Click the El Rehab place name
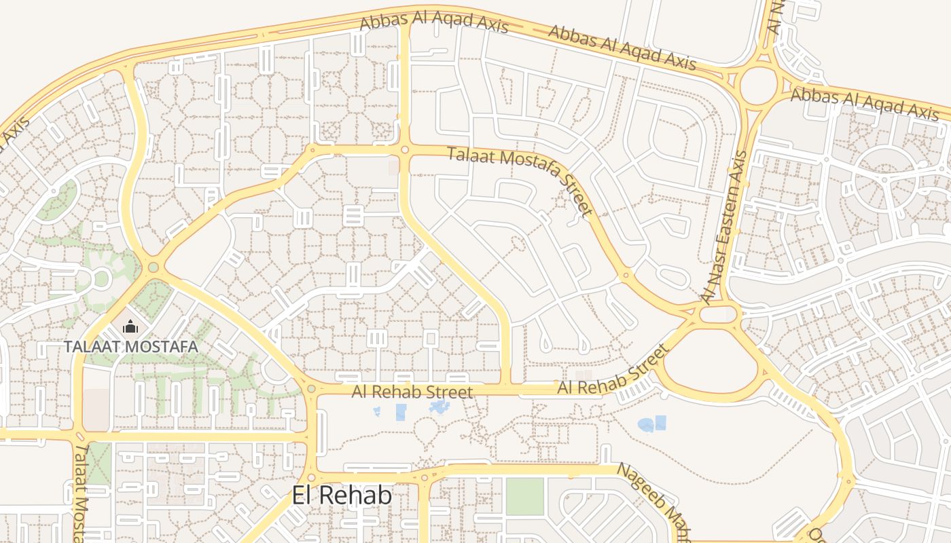(342, 495)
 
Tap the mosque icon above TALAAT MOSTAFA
(130, 327)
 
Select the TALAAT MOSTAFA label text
(131, 347)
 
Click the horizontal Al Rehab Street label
(412, 392)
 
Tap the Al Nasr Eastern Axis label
(725, 227)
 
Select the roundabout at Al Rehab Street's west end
(311, 389)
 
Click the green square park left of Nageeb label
(525, 497)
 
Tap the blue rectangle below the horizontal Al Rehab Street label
(401, 412)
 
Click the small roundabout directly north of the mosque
(153, 267)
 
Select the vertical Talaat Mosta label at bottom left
(81, 492)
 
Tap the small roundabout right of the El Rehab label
(425, 478)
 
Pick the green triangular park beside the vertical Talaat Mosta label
(99, 463)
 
